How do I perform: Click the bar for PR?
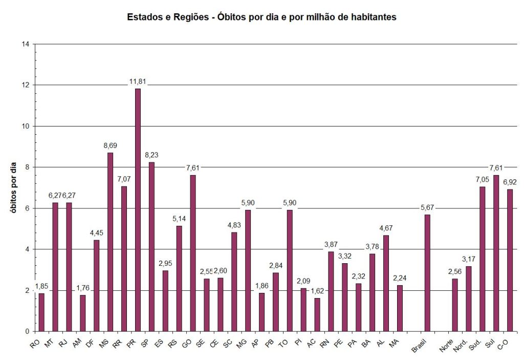(x=138, y=210)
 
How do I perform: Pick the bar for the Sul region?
(x=496, y=253)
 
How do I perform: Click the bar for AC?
(x=317, y=314)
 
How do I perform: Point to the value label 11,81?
(x=138, y=81)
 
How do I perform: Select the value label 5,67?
(x=427, y=207)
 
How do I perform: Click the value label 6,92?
(x=510, y=182)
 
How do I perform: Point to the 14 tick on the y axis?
(x=25, y=44)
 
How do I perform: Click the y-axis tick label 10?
(x=25, y=126)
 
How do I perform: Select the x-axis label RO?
(x=35, y=345)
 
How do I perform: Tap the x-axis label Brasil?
(x=421, y=348)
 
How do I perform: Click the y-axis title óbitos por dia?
(x=14, y=187)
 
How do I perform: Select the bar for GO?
(x=192, y=253)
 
